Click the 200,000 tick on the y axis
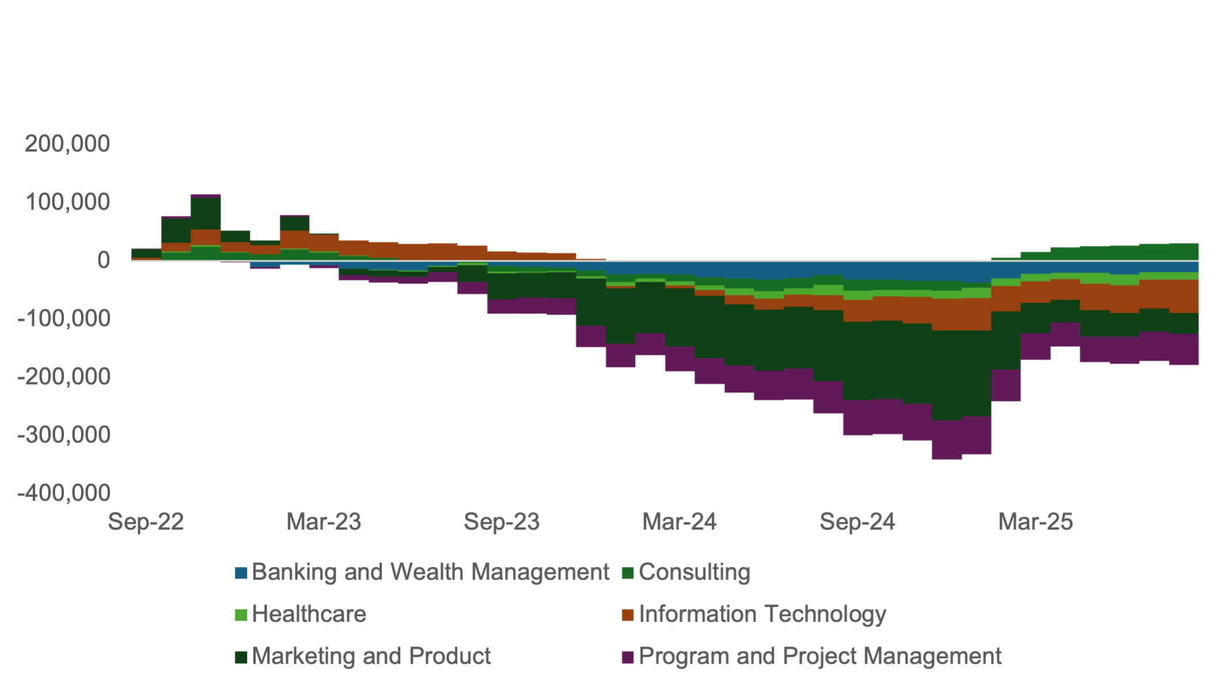pos(67,144)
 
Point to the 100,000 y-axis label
pos(67,202)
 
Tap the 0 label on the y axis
pos(104,260)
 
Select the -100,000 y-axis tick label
pos(64,318)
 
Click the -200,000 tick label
pos(64,377)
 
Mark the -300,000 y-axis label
pos(64,435)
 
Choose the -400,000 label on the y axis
pos(64,493)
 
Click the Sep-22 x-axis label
pos(146,522)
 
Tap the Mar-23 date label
pos(324,522)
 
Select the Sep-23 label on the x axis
pos(501,522)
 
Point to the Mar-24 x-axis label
pos(679,522)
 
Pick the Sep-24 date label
pos(857,522)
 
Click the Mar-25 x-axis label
pos(1035,522)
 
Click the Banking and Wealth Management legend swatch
pos(241,573)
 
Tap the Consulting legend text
pos(694,572)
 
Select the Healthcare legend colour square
pos(241,615)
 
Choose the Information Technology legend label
pos(762,615)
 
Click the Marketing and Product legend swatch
pos(241,657)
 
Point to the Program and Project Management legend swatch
pos(628,657)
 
